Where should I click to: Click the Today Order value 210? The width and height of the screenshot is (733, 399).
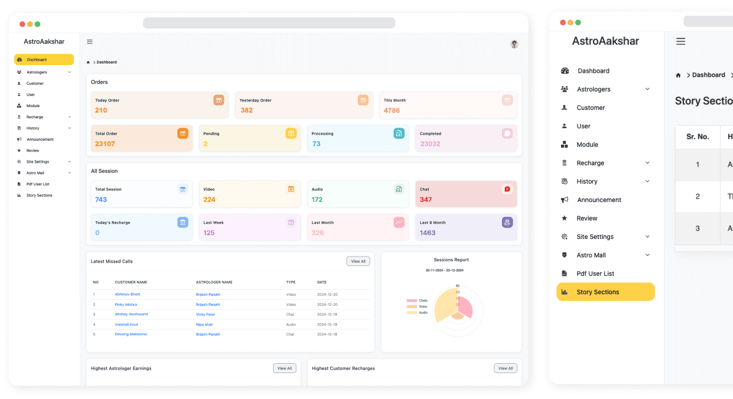[101, 110]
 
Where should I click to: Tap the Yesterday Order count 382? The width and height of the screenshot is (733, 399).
[247, 110]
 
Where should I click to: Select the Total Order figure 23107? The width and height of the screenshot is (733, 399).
[105, 144]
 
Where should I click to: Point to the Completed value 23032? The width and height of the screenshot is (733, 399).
[430, 144]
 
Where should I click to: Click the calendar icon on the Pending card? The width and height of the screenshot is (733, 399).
[291, 133]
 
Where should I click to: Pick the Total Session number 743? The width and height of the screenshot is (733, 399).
[101, 200]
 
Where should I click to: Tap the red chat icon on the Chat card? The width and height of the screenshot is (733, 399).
[507, 189]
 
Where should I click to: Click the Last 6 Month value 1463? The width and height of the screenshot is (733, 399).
[427, 233]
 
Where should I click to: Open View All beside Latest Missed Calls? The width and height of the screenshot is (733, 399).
[358, 262]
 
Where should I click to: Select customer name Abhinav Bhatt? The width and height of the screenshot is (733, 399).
[127, 294]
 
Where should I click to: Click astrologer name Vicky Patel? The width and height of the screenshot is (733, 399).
[205, 314]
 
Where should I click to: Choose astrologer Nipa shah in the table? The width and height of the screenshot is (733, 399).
[204, 324]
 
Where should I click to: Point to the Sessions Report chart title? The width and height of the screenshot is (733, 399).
[451, 260]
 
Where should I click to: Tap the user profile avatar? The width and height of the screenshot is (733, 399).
[514, 44]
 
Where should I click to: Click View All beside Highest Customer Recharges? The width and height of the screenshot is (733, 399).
[505, 368]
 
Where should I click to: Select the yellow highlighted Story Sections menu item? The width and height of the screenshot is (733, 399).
[605, 292]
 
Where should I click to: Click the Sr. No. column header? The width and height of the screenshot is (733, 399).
[697, 137]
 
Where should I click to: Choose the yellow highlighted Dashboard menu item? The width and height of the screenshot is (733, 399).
[44, 60]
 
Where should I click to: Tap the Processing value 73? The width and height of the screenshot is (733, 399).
[316, 144]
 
